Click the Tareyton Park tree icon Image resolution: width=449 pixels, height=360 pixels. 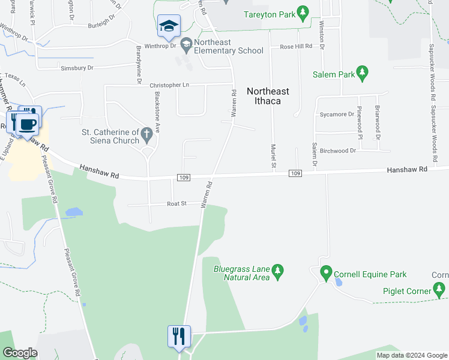303,11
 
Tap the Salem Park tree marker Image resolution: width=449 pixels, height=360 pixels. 361,73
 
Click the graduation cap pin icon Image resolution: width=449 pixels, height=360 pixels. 169,26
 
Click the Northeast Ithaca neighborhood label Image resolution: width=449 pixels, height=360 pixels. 268,96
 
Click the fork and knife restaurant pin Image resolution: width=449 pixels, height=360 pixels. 179,337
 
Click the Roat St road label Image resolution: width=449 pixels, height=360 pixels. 177,204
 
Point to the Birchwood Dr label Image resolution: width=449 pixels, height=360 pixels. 337,151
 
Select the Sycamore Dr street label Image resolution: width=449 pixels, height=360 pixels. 337,114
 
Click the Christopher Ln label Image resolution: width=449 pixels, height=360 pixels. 169,85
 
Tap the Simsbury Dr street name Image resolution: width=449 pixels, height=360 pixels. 77,68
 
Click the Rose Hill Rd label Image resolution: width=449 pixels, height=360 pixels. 296,46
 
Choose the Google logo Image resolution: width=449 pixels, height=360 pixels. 20,353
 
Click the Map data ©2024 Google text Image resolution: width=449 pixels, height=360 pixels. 411,355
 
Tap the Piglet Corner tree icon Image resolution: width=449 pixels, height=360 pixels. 441,290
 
